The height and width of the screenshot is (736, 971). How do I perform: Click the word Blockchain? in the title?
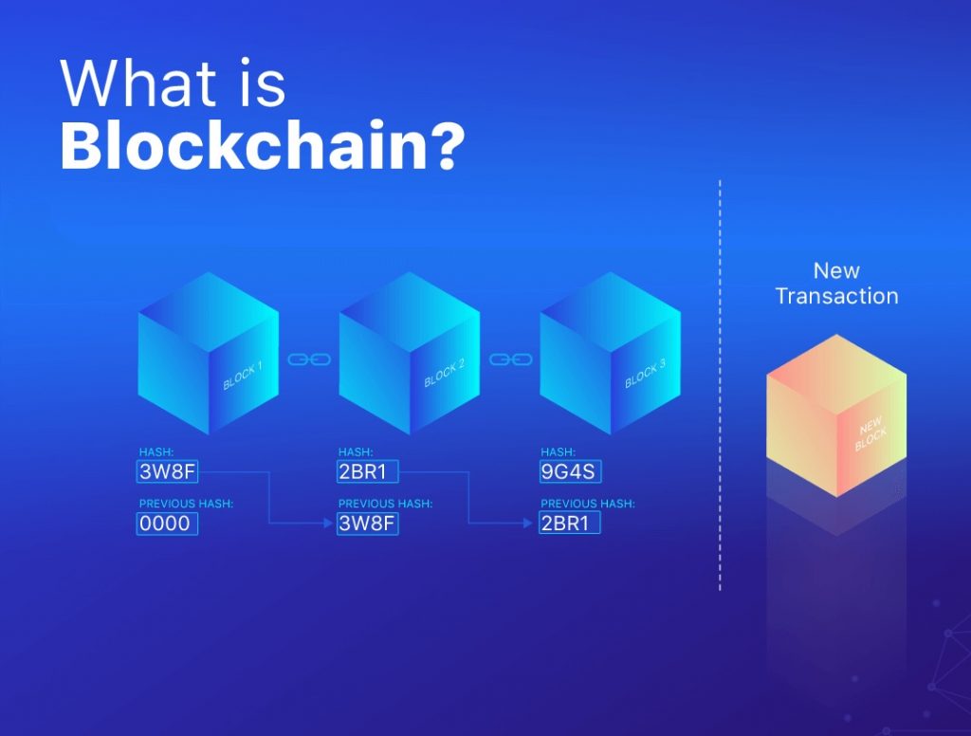pyautogui.click(x=262, y=146)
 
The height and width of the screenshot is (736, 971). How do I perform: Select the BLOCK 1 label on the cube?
pyautogui.click(x=243, y=376)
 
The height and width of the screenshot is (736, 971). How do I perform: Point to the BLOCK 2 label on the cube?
pyautogui.click(x=444, y=374)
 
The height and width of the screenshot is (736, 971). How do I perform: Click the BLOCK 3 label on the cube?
pyautogui.click(x=645, y=374)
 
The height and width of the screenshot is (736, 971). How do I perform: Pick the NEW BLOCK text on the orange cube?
pyautogui.click(x=871, y=433)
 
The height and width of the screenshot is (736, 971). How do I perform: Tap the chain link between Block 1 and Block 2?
pyautogui.click(x=309, y=359)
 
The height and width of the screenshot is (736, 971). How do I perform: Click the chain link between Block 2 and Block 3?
pyautogui.click(x=511, y=359)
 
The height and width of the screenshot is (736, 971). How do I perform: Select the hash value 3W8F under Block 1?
pyautogui.click(x=167, y=471)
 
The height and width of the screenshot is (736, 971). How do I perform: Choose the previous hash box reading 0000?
pyautogui.click(x=167, y=524)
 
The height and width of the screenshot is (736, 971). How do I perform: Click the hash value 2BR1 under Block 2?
pyautogui.click(x=367, y=471)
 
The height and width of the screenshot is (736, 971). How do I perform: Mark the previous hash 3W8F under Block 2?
pyautogui.click(x=367, y=524)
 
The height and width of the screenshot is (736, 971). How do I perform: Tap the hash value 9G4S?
pyautogui.click(x=570, y=471)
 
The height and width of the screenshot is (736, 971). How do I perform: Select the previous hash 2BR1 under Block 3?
pyautogui.click(x=570, y=524)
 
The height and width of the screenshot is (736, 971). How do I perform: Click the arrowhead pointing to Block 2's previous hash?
pyautogui.click(x=329, y=524)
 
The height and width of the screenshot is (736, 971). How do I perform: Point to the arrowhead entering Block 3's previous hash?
pyautogui.click(x=528, y=524)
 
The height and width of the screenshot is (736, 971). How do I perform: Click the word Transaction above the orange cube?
pyautogui.click(x=836, y=296)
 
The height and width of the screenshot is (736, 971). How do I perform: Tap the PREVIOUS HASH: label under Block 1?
pyautogui.click(x=186, y=504)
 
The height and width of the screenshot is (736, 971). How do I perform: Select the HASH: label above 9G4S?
pyautogui.click(x=558, y=451)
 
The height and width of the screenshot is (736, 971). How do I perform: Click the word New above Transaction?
pyautogui.click(x=836, y=270)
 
